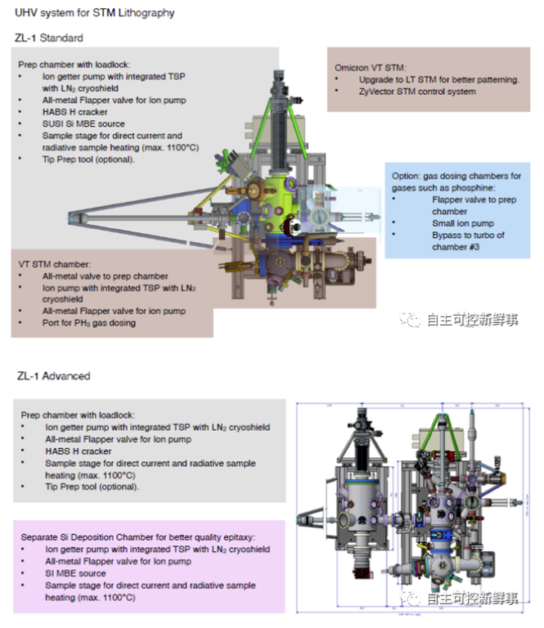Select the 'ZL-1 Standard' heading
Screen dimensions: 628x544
[49, 38]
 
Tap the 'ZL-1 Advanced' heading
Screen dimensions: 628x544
[53, 376]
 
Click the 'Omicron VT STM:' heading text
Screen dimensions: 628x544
[371, 67]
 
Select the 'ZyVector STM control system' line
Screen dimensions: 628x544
[417, 92]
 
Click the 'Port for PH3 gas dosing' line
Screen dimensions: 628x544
[89, 322]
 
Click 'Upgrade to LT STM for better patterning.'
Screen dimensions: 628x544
[438, 79]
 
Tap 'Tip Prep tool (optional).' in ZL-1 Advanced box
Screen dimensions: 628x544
[92, 487]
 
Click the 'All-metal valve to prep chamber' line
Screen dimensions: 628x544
[104, 276]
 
